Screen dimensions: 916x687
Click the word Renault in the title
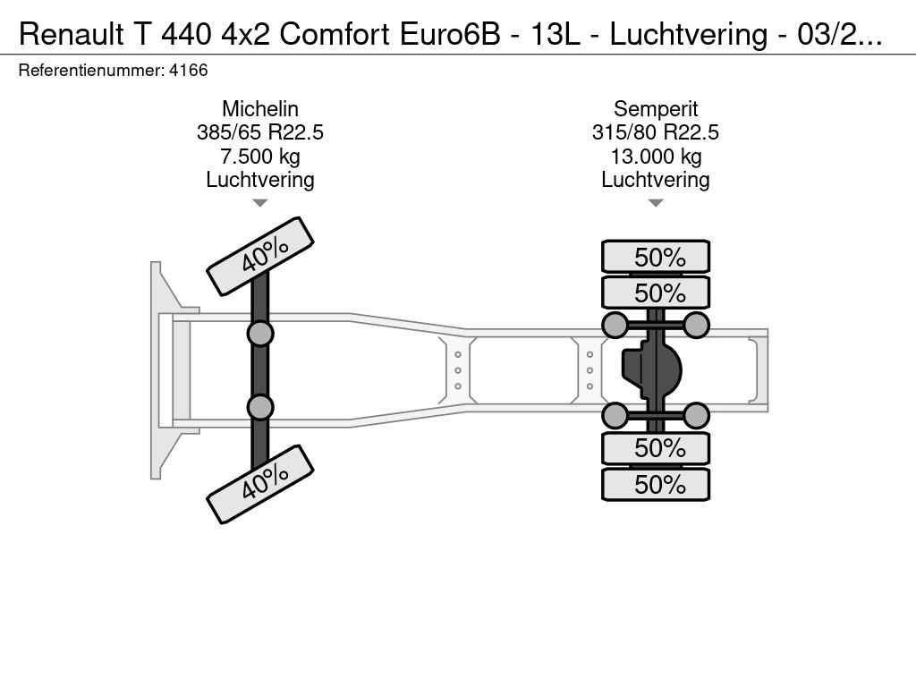click(72, 34)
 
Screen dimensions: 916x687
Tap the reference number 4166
click(188, 71)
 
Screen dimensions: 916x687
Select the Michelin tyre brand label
click(260, 108)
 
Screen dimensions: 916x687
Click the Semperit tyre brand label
click(656, 109)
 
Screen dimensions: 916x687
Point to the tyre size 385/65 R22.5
click(260, 132)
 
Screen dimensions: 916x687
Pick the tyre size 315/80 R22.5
click(656, 132)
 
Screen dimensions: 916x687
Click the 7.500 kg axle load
click(260, 157)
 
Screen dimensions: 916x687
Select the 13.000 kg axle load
click(656, 157)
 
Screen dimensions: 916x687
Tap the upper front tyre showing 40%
click(260, 256)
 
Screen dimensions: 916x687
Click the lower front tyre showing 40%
click(260, 484)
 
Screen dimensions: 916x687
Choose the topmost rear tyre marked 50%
click(656, 257)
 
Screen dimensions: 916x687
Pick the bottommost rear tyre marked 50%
click(656, 484)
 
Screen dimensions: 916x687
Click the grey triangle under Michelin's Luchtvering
click(260, 203)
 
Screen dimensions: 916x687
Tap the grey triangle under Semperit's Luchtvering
click(656, 203)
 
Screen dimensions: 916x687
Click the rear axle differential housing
click(652, 369)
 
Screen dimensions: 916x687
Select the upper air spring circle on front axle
click(260, 335)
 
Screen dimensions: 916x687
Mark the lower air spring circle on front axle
click(260, 407)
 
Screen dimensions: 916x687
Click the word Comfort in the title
click(335, 34)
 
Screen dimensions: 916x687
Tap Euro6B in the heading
click(451, 34)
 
